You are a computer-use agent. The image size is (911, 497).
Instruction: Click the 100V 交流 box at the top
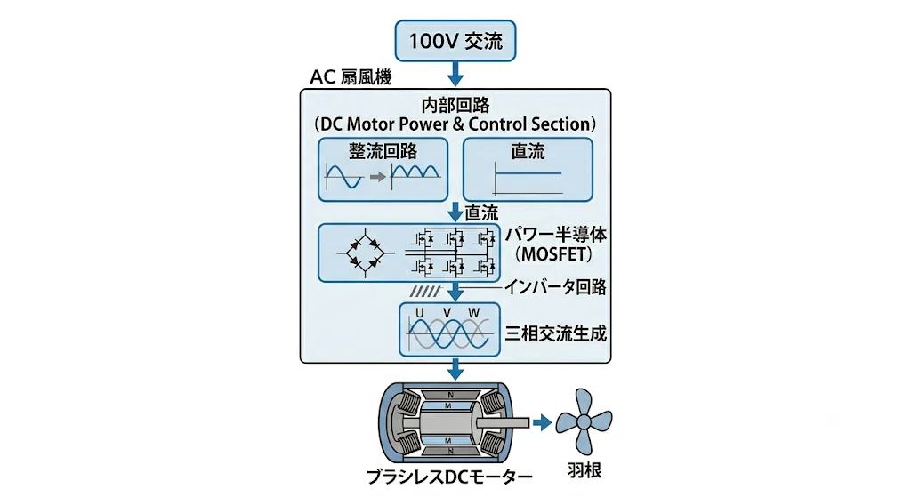(x=455, y=41)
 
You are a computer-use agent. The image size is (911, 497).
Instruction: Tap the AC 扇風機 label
(x=351, y=77)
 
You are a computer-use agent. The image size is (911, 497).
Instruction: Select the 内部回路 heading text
(x=455, y=105)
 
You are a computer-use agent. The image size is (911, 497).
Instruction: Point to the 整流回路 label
(x=383, y=151)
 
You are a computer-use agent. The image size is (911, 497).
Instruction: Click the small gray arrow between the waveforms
(x=377, y=177)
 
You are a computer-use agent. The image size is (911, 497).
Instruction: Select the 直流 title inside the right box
(x=528, y=151)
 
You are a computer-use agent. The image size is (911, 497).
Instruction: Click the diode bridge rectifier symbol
(x=365, y=253)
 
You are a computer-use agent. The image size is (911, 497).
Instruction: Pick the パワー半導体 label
(x=555, y=235)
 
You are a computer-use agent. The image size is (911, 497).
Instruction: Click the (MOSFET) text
(x=555, y=253)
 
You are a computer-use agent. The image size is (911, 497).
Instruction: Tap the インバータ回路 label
(x=555, y=287)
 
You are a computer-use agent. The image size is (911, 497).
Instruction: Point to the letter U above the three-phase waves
(x=420, y=313)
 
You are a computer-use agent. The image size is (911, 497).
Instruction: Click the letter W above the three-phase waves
(x=474, y=313)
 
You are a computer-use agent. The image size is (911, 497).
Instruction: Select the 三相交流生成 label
(x=556, y=333)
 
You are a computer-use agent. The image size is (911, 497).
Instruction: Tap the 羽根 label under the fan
(x=584, y=470)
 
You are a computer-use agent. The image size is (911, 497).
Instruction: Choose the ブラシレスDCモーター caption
(x=449, y=477)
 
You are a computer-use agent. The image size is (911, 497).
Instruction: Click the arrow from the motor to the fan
(x=542, y=422)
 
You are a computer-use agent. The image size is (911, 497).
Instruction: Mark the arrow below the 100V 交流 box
(x=455, y=74)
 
